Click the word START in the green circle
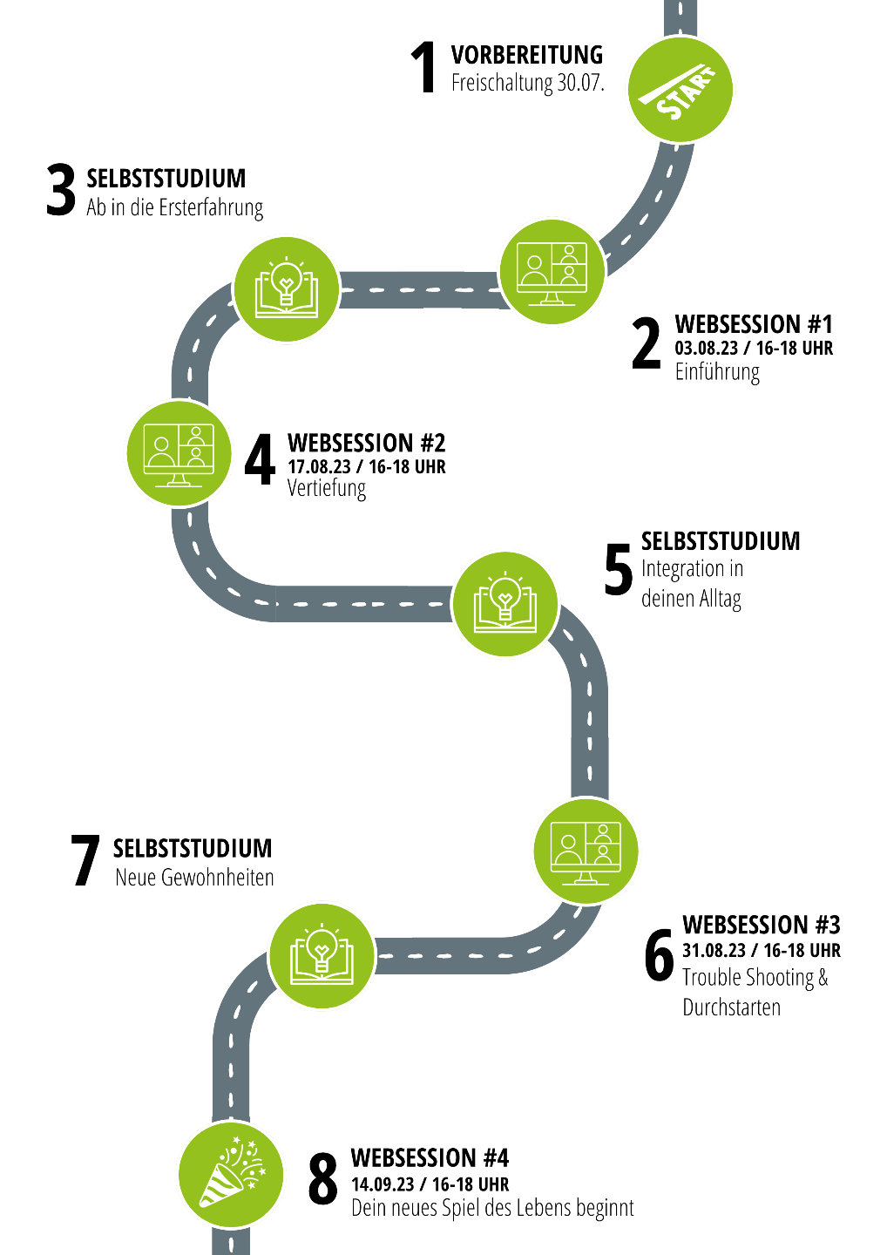(x=687, y=93)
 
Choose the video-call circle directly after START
(x=552, y=271)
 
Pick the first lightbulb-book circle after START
(x=287, y=288)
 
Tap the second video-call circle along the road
(x=179, y=452)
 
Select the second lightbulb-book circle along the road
(x=505, y=604)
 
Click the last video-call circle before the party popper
(x=586, y=851)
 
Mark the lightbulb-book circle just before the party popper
(x=322, y=955)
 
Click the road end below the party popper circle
(x=231, y=1242)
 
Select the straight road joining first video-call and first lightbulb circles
(x=418, y=289)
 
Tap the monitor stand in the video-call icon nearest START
(x=552, y=298)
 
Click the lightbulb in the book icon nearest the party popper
(x=322, y=946)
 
